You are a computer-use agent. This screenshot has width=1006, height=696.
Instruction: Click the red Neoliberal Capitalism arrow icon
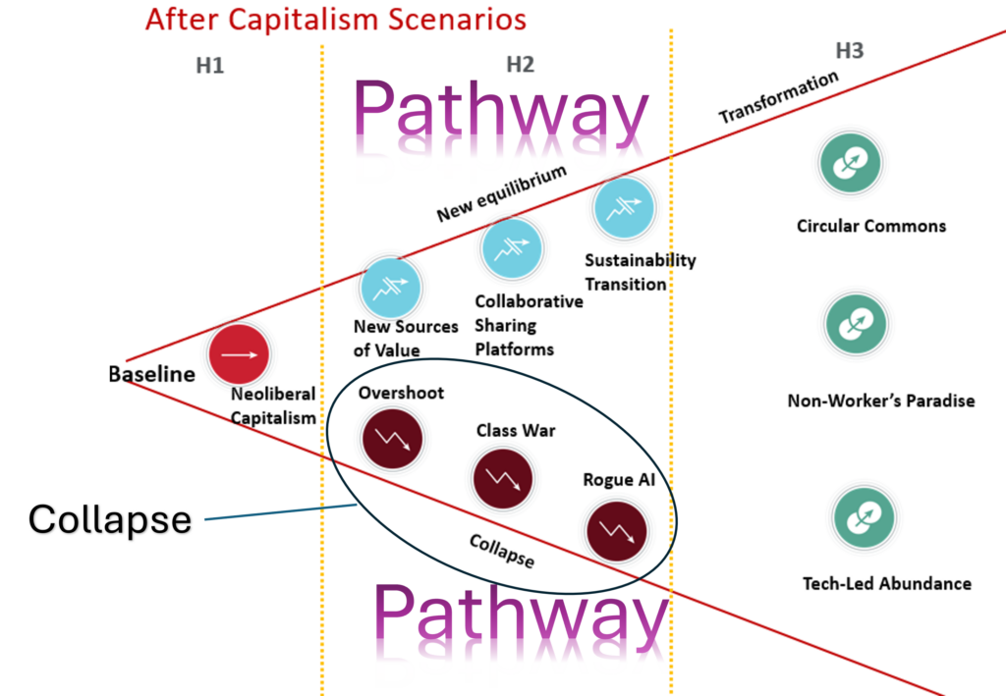(239, 354)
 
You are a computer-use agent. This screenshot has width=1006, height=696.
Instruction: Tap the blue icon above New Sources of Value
(390, 288)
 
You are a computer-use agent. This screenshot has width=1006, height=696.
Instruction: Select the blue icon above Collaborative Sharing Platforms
(511, 247)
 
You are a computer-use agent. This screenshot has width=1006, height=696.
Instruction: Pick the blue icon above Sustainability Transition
(623, 207)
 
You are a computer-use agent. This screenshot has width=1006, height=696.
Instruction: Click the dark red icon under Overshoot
(392, 438)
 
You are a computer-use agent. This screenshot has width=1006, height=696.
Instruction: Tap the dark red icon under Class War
(503, 478)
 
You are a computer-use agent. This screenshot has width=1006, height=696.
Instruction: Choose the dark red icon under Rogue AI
(616, 530)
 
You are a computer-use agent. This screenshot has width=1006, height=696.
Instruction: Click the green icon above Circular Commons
(850, 165)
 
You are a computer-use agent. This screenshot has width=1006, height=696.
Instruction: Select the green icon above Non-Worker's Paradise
(855, 326)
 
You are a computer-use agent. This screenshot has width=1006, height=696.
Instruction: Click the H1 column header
(209, 66)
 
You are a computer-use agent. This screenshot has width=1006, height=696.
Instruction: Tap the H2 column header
(520, 65)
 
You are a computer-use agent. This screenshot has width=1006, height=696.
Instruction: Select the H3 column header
(849, 50)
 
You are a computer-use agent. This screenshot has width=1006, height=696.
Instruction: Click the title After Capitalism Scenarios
(335, 19)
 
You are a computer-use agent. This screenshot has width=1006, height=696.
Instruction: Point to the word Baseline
(151, 374)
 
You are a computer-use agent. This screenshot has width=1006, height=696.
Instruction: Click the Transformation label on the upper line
(779, 97)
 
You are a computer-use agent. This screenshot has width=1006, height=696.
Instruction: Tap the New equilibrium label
(502, 192)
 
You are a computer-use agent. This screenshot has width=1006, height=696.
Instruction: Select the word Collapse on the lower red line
(501, 552)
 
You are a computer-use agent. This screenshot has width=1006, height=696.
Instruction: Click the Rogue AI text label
(618, 480)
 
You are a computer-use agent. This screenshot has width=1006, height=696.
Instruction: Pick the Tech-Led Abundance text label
(886, 583)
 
